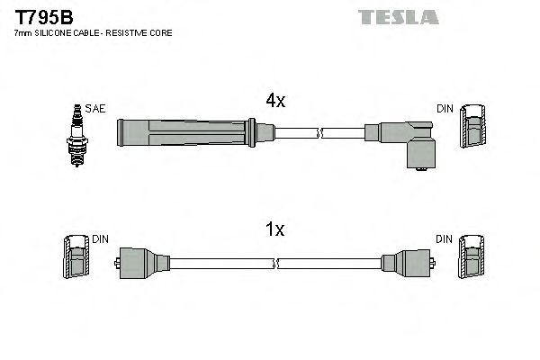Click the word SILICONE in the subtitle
tap(58, 33)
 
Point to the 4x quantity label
tap(274, 102)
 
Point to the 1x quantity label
tap(274, 230)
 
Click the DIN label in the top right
tap(445, 108)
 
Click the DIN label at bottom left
tap(100, 239)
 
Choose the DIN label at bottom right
tap(445, 239)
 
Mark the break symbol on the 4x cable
tap(319, 134)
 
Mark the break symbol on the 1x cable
tap(277, 263)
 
